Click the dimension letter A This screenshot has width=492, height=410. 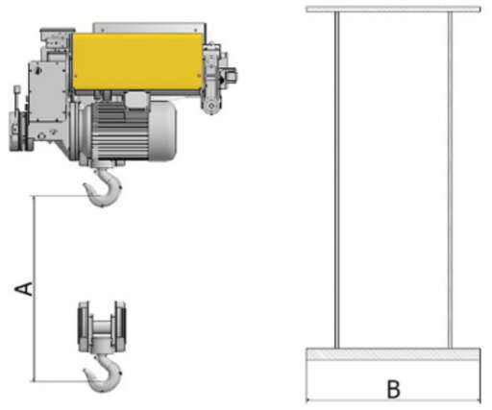click(24, 289)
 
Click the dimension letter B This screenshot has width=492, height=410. click(394, 389)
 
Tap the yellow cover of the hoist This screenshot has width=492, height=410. click(137, 61)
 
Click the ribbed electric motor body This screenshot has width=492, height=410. click(122, 132)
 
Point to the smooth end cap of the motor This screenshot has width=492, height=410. click(163, 131)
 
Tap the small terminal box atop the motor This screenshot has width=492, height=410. click(137, 99)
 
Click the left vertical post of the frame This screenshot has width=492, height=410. click(336, 181)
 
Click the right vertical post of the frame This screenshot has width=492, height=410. click(450, 181)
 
